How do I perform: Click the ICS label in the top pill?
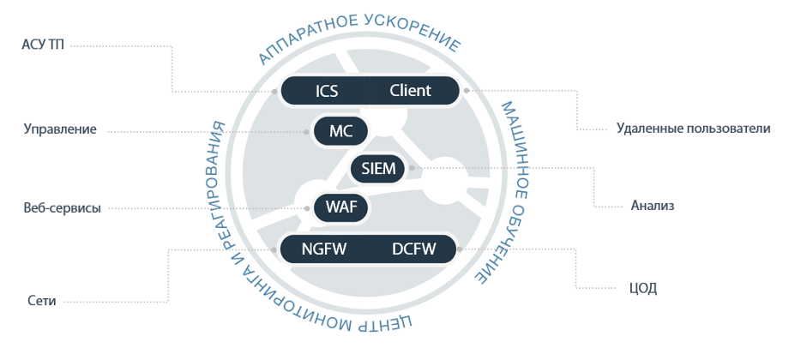(x=327, y=91)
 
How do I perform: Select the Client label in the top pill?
(x=410, y=91)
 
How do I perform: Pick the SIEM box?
(x=378, y=169)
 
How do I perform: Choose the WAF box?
(x=341, y=207)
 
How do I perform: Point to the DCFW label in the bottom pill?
(x=414, y=249)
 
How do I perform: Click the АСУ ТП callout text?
(x=43, y=45)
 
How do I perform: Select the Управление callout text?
(x=60, y=129)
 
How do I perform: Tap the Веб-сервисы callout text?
(x=62, y=208)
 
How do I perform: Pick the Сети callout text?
(x=43, y=301)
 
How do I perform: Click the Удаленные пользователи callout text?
(x=693, y=129)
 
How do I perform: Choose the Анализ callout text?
(x=653, y=206)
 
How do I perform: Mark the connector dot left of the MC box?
(x=307, y=131)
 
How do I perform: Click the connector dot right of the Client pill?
(x=465, y=89)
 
